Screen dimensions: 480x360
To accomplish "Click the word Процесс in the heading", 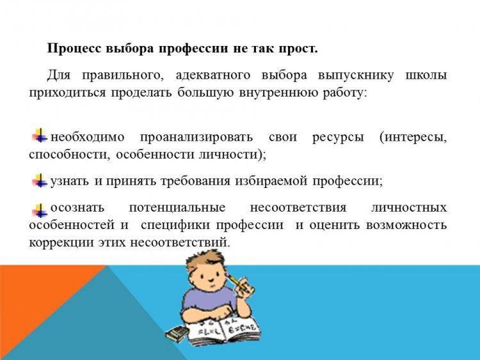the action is tap(74, 49).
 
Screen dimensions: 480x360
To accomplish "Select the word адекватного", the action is tap(212, 75).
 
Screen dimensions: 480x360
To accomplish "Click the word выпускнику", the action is tap(356, 76).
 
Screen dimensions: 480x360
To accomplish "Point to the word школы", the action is tap(426, 75).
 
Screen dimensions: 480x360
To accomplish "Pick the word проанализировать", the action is tap(196, 137).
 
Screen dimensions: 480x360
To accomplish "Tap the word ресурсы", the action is tap(338, 137).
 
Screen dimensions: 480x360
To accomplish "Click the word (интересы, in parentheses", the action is tap(413, 137).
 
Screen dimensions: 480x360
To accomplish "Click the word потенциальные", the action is tap(177, 208).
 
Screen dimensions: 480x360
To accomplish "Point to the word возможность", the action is tap(406, 225).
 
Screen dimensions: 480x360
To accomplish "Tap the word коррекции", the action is tap(62, 243).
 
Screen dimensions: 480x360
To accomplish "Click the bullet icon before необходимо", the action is tap(40, 136).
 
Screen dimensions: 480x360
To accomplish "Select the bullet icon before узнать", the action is tap(40, 180).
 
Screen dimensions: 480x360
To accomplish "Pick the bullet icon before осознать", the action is tap(40, 210).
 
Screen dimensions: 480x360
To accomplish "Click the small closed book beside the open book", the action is tap(177, 333).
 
